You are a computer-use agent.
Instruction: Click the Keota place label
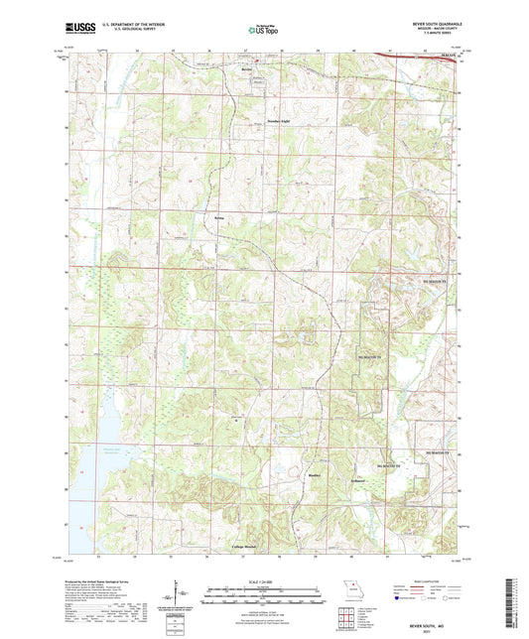click(x=220, y=216)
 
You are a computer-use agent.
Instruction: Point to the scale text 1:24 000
click(x=264, y=582)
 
